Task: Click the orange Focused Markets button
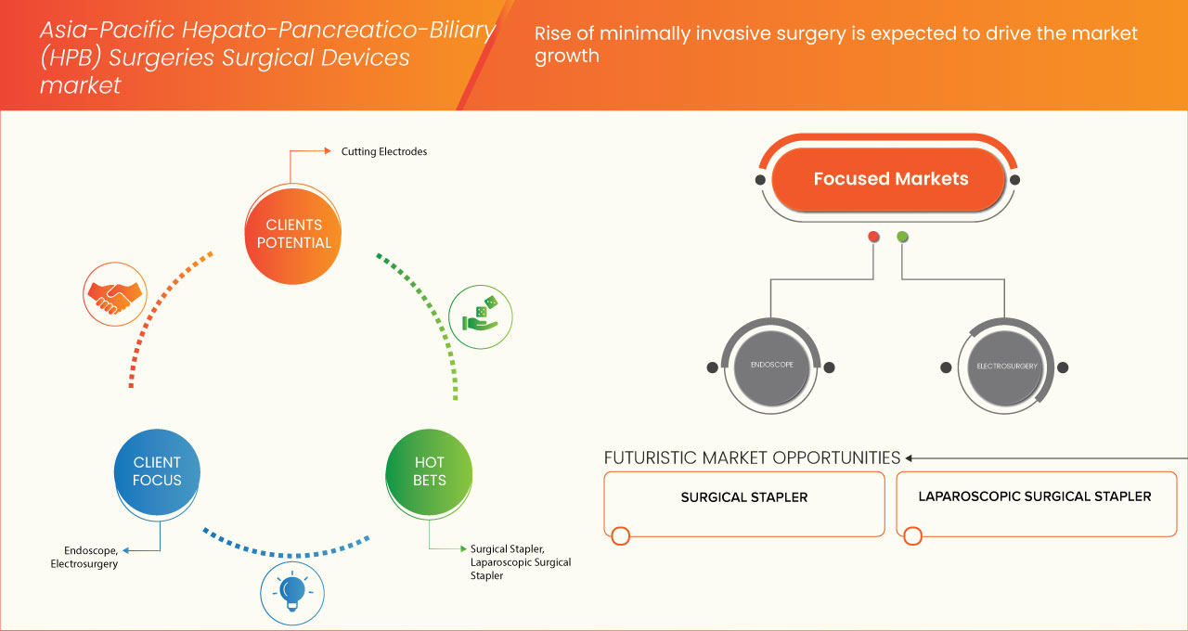890,179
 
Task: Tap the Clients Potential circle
292,234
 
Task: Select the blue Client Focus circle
157,471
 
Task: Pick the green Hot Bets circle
429,471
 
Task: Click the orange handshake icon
113,292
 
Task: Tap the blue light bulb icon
292,591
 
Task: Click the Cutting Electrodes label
383,151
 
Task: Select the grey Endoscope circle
771,366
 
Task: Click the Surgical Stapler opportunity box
743,503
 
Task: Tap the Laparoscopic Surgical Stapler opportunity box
1035,503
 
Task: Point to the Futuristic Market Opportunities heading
752,457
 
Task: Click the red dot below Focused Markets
873,237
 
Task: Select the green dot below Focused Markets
902,237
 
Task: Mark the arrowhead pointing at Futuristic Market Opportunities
910,457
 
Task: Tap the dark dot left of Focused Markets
760,179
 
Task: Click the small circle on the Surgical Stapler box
621,535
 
